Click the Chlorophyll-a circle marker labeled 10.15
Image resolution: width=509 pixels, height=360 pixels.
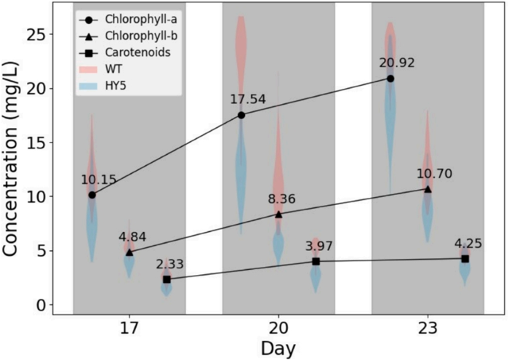tap(92, 195)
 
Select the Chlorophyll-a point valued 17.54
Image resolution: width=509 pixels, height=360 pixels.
tap(241, 115)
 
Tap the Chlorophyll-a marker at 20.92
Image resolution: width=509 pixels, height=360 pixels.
tap(390, 78)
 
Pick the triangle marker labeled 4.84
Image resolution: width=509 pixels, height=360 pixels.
tap(129, 252)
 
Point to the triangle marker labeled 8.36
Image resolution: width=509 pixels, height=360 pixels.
tap(278, 214)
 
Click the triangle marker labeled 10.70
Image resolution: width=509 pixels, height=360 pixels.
tap(428, 188)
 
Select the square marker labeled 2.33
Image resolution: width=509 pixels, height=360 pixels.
tap(167, 279)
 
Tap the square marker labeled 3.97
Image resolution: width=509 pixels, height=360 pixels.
tap(316, 261)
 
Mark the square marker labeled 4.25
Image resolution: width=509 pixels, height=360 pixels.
tap(465, 258)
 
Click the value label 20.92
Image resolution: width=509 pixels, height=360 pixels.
tap(390, 63)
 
